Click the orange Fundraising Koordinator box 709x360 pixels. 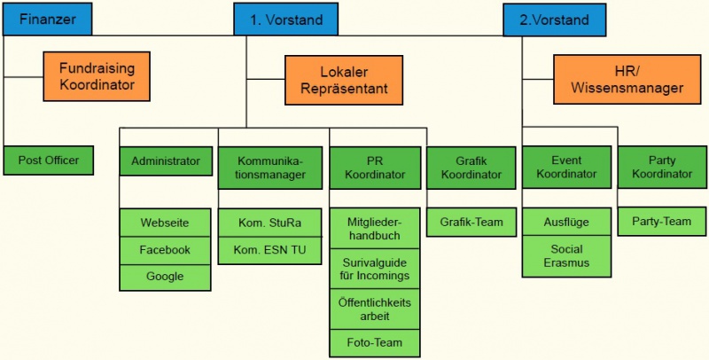point(97,77)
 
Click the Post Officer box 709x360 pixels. point(49,160)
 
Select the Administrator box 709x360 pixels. point(166,161)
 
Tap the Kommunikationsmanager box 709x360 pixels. point(272,168)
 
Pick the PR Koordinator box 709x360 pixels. point(374,168)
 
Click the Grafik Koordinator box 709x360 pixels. point(471,168)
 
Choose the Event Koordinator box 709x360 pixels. point(566,168)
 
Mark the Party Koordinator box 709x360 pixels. point(661,168)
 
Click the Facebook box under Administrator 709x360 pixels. point(166,250)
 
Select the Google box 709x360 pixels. point(166,277)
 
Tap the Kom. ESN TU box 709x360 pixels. point(272,250)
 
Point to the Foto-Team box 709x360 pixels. point(374,341)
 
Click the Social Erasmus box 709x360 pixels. point(566,255)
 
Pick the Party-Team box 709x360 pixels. point(661,221)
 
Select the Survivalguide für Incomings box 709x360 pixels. point(374,269)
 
